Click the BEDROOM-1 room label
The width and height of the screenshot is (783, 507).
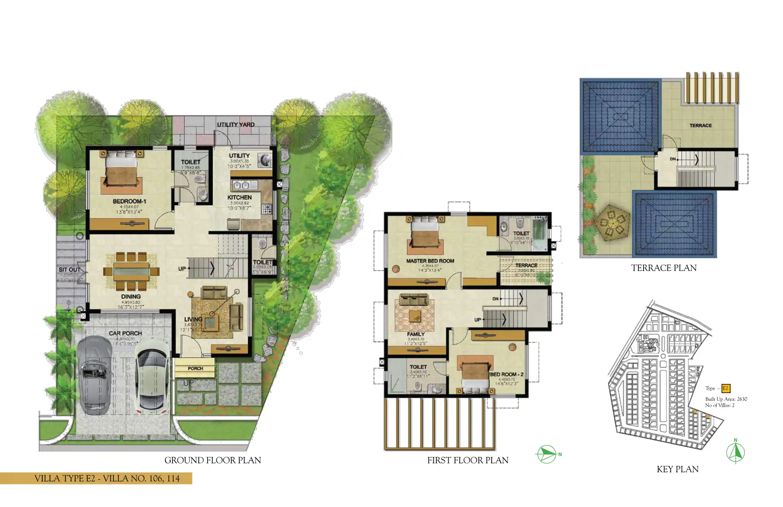[129, 201]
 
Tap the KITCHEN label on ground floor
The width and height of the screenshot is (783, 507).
[239, 198]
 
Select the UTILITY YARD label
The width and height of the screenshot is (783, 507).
[235, 125]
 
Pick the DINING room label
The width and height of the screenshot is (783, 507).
[130, 296]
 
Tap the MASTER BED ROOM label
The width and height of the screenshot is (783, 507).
[430, 261]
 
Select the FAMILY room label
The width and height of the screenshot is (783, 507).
[415, 334]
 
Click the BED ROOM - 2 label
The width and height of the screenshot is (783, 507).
[507, 374]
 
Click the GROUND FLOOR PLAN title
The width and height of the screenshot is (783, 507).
[212, 460]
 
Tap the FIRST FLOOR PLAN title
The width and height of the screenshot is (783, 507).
[467, 460]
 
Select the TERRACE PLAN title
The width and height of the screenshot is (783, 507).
[664, 268]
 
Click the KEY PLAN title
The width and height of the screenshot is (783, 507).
[677, 469]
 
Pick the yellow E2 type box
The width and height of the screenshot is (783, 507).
[725, 388]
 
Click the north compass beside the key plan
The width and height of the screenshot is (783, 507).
[735, 452]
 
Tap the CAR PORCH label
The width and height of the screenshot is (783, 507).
[125, 333]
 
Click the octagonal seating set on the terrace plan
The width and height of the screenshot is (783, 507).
[612, 223]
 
